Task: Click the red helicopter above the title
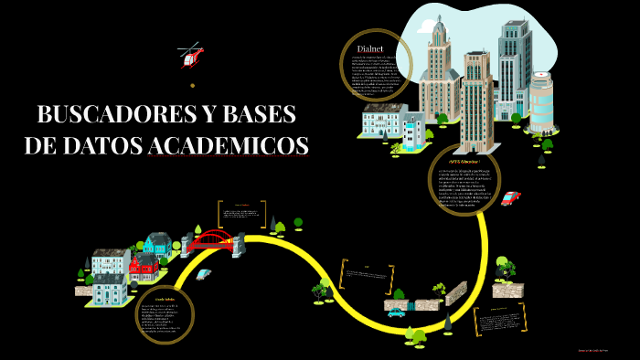[x=191, y=57]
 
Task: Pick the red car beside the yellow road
[x=510, y=198]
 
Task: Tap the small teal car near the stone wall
[x=396, y=312]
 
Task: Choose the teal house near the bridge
[x=157, y=244]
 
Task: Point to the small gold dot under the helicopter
[x=192, y=85]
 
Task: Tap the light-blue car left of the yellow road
[x=203, y=273]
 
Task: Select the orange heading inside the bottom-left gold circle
[x=165, y=299]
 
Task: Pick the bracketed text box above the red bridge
[x=242, y=213]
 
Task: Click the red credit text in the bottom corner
[x=599, y=350]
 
